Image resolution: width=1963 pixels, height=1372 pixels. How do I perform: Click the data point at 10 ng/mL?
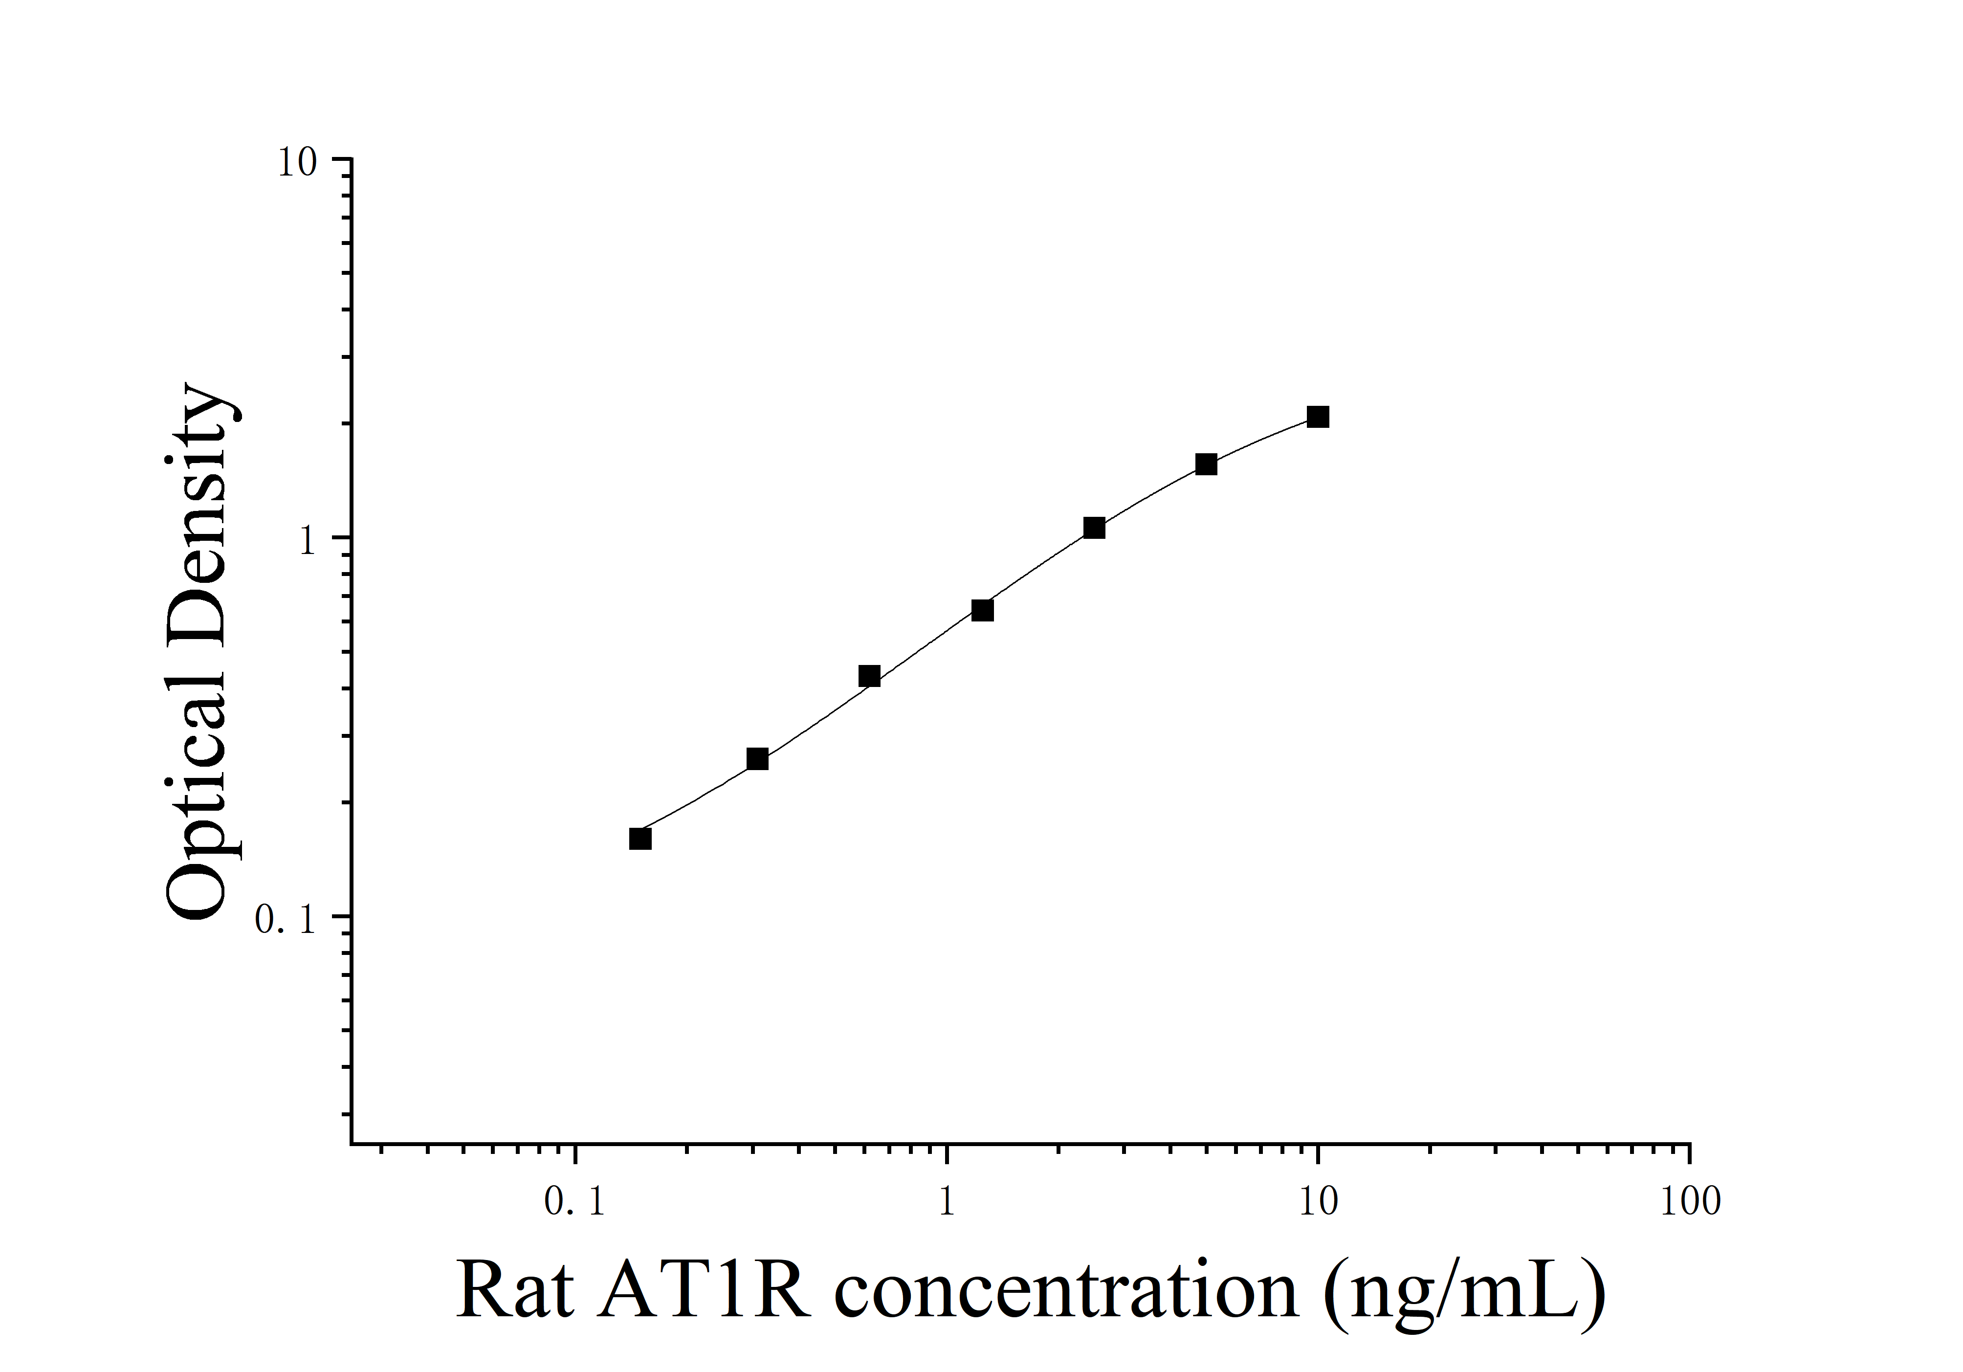click(1318, 417)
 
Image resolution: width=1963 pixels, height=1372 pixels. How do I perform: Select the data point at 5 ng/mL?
click(1206, 464)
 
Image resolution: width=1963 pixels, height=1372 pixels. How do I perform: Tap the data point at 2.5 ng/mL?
click(1094, 528)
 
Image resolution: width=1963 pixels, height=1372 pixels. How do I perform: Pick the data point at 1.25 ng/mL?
click(982, 610)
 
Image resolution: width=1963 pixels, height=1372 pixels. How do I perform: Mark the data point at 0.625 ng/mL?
click(869, 676)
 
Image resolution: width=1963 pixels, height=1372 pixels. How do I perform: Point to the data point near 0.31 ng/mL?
click(757, 759)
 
